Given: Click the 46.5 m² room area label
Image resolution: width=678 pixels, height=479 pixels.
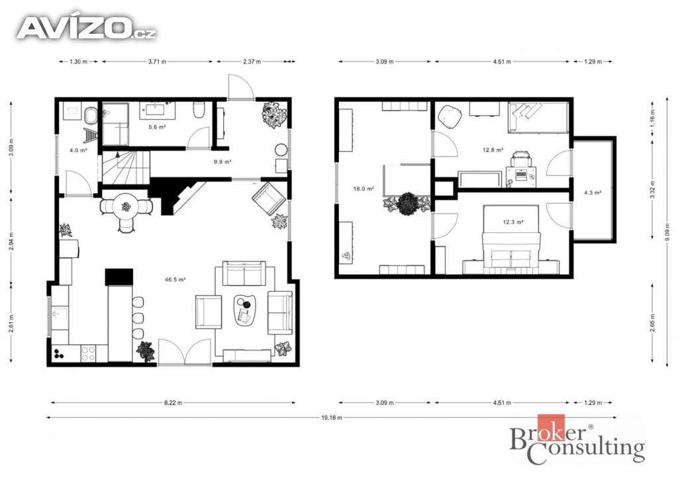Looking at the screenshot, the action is click(x=175, y=279).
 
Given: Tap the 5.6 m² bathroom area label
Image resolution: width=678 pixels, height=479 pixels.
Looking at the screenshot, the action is click(x=157, y=127).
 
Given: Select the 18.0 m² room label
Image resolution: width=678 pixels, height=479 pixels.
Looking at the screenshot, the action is click(x=363, y=189).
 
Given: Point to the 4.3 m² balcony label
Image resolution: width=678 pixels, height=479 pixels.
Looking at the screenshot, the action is click(x=593, y=193).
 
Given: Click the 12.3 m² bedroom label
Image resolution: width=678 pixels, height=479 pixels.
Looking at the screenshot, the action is click(x=513, y=222).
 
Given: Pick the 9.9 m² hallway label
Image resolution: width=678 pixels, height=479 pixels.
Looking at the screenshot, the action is click(x=222, y=162).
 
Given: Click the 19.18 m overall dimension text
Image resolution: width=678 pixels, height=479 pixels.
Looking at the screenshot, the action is click(x=332, y=417).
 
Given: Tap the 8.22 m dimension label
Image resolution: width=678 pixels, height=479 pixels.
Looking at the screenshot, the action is click(x=173, y=403).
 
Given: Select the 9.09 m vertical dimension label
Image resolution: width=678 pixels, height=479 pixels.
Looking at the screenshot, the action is click(x=667, y=235).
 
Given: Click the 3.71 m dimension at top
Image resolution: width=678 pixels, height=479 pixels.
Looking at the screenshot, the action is click(x=157, y=62).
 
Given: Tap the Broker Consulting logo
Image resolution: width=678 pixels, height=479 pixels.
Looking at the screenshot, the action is click(x=577, y=439).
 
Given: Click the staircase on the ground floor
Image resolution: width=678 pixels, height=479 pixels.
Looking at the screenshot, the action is click(x=126, y=167).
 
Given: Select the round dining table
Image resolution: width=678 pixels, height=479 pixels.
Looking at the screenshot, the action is click(x=126, y=207).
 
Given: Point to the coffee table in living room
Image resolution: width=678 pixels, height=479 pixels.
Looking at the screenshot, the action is click(x=245, y=310).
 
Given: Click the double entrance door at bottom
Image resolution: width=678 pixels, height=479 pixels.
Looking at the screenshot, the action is click(x=185, y=351).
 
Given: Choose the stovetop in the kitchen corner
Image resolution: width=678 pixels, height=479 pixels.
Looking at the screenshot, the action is click(x=89, y=353).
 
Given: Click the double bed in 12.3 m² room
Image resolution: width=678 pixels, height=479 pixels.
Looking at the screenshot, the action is click(x=512, y=237).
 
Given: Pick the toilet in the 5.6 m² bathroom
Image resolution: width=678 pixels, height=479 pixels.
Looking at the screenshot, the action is click(x=199, y=110).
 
